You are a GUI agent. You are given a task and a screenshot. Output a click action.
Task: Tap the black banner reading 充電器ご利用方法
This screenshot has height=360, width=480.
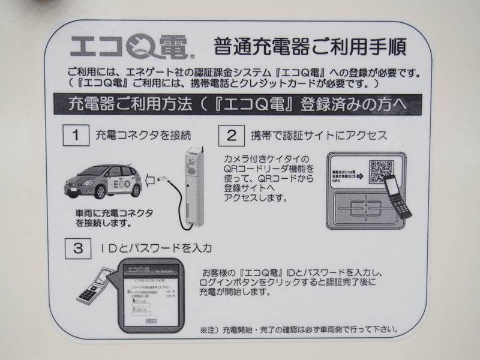click(x=240, y=103)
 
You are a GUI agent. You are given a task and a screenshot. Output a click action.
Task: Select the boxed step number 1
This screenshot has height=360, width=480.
click(x=75, y=134)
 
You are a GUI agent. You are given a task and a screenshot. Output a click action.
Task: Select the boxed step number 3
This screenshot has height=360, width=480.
click(x=75, y=247)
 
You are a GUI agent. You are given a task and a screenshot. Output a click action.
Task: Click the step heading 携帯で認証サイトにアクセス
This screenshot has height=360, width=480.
click(x=318, y=135)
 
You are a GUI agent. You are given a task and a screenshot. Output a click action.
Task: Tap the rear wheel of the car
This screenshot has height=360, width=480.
click(x=131, y=190)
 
